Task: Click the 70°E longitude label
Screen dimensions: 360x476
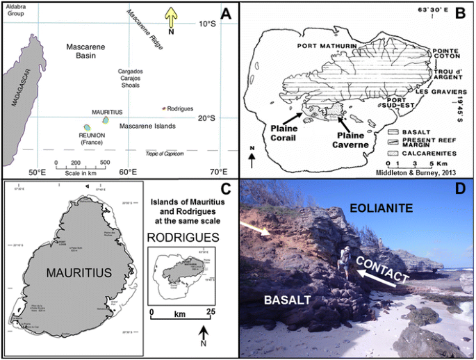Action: click(x=218, y=172)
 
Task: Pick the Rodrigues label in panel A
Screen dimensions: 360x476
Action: click(x=181, y=108)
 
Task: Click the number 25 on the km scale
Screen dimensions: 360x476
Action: click(x=210, y=312)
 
